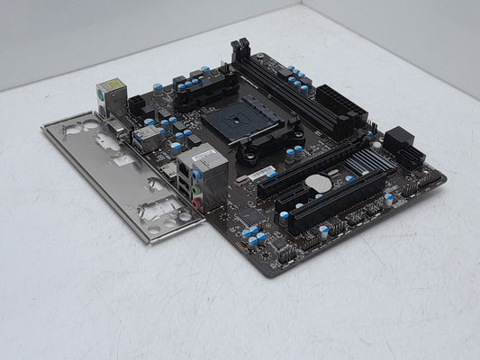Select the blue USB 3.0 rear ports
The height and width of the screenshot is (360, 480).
coord(144,138)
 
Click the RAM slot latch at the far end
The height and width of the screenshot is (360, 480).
coord(240,50)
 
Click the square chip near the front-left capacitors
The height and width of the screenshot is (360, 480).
coord(250,217)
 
